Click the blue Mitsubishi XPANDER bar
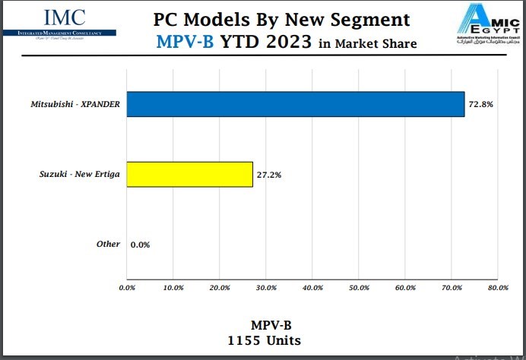click(x=295, y=104)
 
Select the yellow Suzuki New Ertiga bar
click(x=189, y=174)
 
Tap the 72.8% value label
click(x=482, y=104)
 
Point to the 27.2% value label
click(x=269, y=174)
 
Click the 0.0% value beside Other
click(x=140, y=245)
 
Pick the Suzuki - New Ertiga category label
click(x=80, y=174)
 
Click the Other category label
click(x=108, y=244)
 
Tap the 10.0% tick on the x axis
click(x=173, y=288)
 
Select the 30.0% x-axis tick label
click(x=266, y=288)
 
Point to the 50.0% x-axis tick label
click(x=359, y=288)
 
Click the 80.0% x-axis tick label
click(x=497, y=288)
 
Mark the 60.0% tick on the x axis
click(x=405, y=288)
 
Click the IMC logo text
click(x=65, y=17)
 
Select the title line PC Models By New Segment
click(x=281, y=19)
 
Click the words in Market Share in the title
click(x=367, y=43)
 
